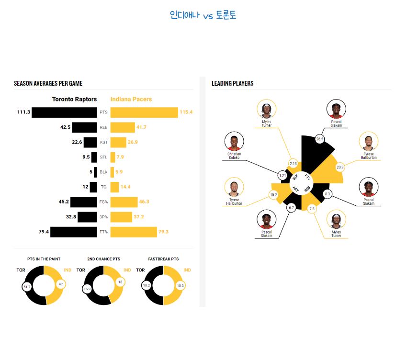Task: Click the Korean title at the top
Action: tap(203, 15)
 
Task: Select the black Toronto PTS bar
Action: tap(64, 112)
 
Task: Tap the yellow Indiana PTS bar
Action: tap(144, 112)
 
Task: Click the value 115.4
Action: tap(186, 112)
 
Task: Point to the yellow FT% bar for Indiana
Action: tap(134, 232)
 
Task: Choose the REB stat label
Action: tap(103, 127)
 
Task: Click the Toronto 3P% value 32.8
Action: tap(71, 217)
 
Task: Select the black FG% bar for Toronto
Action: tap(84, 202)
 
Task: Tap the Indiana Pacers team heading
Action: tap(131, 99)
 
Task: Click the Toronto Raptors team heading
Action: tap(74, 99)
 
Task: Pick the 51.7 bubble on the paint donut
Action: tap(27, 287)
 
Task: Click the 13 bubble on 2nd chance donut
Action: tap(120, 282)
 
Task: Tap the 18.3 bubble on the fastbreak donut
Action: tap(181, 285)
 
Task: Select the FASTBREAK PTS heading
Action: tap(163, 259)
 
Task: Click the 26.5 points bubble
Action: tap(320, 139)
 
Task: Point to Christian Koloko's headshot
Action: tap(234, 141)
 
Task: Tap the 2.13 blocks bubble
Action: tap(293, 164)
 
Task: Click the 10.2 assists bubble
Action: tap(273, 195)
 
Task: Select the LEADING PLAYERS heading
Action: tap(233, 83)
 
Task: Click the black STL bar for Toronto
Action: tap(94, 157)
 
